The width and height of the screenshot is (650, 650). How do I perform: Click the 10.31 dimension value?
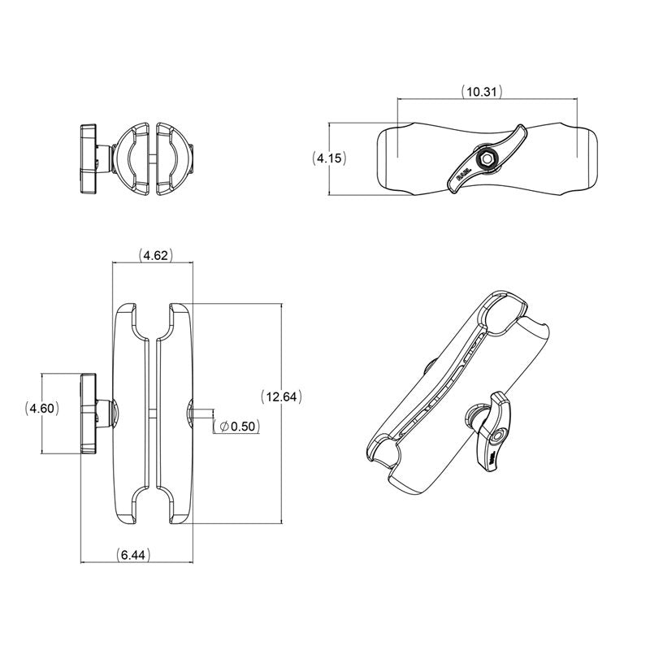pos(480,91)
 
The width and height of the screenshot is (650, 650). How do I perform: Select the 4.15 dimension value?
pos(330,158)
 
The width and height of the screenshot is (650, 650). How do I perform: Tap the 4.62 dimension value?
pos(154,255)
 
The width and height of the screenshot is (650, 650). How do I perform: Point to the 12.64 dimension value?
pos(282,396)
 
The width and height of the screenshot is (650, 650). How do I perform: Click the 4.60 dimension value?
pos(41,409)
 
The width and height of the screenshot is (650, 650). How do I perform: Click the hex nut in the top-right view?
pos(486,158)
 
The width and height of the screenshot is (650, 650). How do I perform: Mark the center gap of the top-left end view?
pos(152,158)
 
